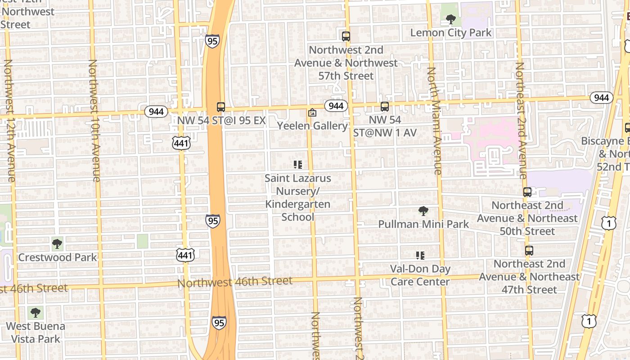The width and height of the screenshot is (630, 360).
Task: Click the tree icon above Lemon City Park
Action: click(450, 19)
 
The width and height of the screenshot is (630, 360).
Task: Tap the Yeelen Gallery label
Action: click(312, 126)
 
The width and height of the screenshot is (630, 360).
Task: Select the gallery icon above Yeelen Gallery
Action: click(312, 112)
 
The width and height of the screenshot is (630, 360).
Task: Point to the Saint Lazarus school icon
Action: click(297, 165)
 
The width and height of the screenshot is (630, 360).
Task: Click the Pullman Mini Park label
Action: click(423, 224)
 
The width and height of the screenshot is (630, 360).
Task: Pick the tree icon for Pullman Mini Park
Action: click(423, 211)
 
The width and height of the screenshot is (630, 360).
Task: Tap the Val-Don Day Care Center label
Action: click(420, 275)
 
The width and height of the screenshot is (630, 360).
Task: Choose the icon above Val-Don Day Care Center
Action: click(420, 256)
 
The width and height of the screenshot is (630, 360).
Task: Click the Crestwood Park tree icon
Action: click(57, 244)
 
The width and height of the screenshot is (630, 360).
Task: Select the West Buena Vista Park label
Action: click(36, 332)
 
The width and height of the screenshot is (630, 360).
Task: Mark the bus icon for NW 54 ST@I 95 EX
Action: click(220, 107)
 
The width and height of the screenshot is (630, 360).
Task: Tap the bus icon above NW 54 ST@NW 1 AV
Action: click(384, 107)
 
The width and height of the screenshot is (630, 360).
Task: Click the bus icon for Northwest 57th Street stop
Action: click(346, 36)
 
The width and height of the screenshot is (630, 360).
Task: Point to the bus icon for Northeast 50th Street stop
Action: click(527, 192)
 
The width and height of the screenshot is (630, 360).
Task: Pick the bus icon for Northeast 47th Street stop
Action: click(529, 251)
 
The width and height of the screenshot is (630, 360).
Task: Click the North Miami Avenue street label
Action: click(434, 121)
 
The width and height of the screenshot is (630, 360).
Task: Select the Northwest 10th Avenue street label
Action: click(94, 121)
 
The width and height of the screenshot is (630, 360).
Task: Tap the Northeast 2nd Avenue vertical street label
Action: click(521, 121)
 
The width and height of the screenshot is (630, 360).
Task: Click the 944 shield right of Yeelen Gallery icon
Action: click(336, 106)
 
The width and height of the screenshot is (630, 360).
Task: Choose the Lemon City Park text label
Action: click(451, 33)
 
